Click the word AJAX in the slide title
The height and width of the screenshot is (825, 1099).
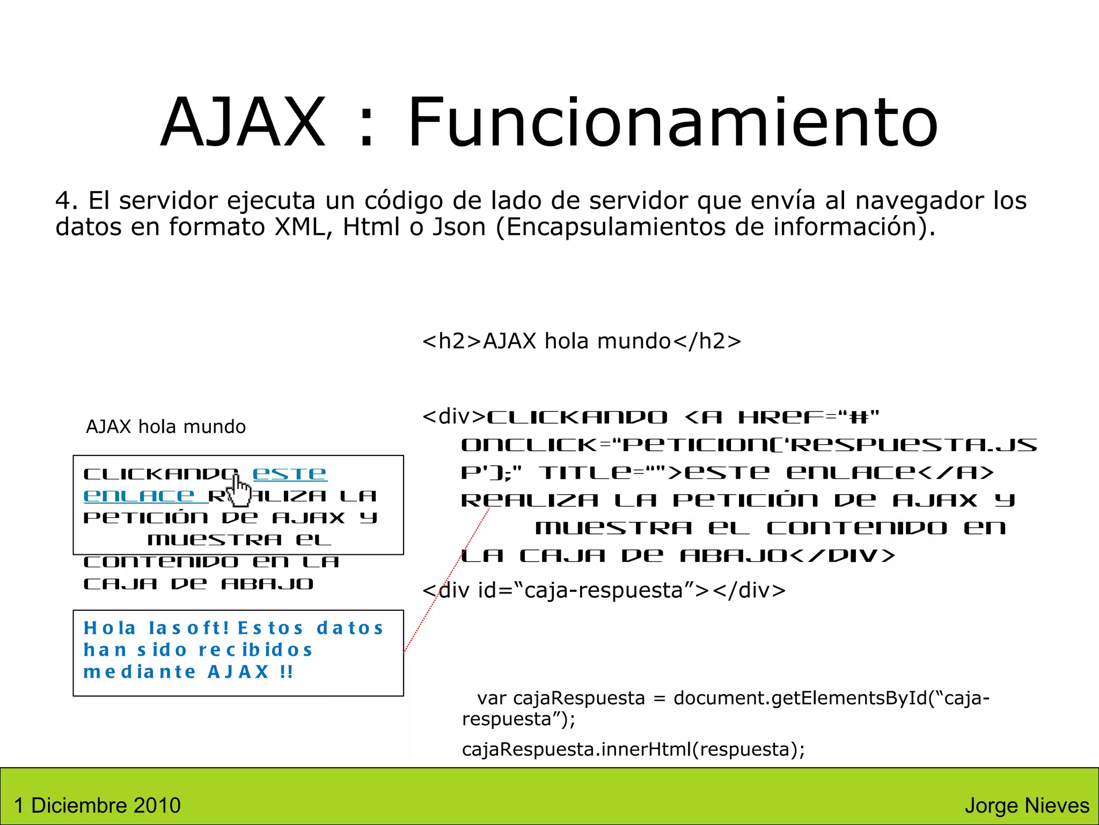[x=243, y=122]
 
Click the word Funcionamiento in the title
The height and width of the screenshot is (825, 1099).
[x=673, y=122]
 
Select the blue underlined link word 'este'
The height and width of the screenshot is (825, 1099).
[x=289, y=474]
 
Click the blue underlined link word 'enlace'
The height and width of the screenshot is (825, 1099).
[x=139, y=496]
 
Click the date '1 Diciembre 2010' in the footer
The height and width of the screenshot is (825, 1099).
[x=97, y=805]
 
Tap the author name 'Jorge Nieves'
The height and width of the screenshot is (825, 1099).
[x=1027, y=805]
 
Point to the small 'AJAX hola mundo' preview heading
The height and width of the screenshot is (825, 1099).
[x=166, y=426]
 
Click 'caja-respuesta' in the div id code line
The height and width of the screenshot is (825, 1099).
[x=603, y=590]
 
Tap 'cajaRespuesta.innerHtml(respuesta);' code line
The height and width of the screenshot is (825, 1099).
[x=633, y=749]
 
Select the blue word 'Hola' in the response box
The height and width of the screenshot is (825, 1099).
[x=110, y=628]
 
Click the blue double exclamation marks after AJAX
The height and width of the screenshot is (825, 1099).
[x=287, y=672]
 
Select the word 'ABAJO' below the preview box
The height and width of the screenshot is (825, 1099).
[x=267, y=584]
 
